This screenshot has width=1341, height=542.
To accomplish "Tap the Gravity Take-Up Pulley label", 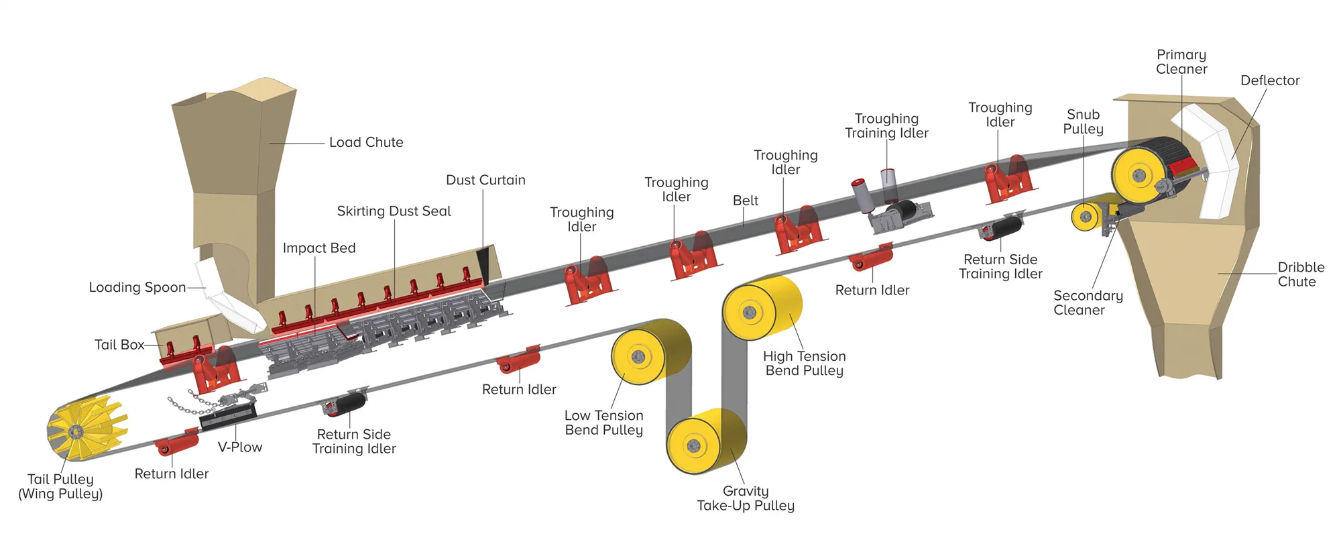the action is point(746,498).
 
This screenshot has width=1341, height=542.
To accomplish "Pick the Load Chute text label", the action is point(366,142).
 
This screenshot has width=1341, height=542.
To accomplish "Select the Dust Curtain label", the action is point(485,180).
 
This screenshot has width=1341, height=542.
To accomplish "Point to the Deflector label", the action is point(1270,80).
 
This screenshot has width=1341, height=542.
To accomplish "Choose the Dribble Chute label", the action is point(1300,274).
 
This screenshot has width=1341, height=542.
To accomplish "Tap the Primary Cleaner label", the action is point(1181,62).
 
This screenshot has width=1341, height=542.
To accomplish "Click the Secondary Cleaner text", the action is point(1088,303).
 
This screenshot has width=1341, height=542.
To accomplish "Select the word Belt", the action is point(746,201).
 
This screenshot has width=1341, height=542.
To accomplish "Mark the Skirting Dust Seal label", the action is point(394,211).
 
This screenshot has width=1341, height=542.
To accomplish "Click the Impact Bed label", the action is point(319,248).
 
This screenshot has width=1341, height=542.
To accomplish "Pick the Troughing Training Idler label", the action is point(886,126).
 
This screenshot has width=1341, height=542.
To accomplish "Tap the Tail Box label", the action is point(119,345).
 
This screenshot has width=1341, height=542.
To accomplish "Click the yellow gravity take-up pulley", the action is point(707,441).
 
